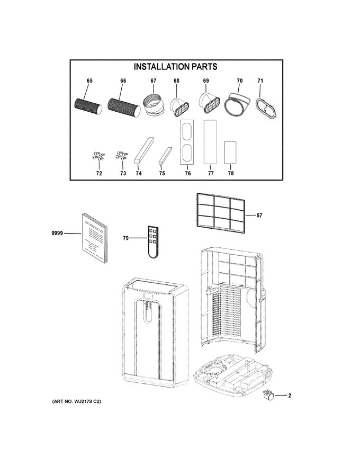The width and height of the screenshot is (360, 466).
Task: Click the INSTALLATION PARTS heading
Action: pyautogui.click(x=175, y=67)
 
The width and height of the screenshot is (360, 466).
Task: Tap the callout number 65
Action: pyautogui.click(x=89, y=81)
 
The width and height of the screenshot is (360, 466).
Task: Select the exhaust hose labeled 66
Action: pyautogui.click(x=123, y=107)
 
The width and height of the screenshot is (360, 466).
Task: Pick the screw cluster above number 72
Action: pyautogui.click(x=98, y=156)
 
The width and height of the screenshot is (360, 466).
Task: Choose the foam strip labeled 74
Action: pyautogui.click(x=144, y=150)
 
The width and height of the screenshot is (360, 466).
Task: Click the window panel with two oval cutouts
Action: pyautogui.click(x=187, y=142)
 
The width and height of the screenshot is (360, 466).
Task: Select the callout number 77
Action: pyautogui.click(x=211, y=173)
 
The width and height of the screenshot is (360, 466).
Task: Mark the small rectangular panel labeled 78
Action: pyautogui.click(x=230, y=152)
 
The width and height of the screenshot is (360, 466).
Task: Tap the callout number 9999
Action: pyautogui.click(x=57, y=234)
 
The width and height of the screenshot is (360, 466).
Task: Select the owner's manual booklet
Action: pyautogui.click(x=94, y=238)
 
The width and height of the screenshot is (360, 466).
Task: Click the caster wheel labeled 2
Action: pyautogui.click(x=268, y=396)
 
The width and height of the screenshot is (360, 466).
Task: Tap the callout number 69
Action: pyautogui.click(x=206, y=81)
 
